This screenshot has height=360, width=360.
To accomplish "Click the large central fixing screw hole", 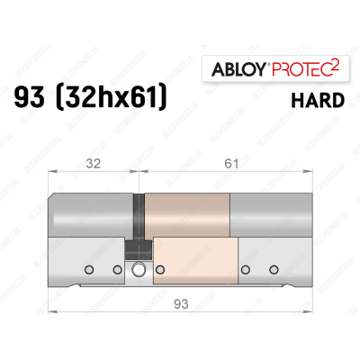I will tap(139, 269).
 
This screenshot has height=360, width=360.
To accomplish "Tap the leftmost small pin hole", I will tap(88, 269).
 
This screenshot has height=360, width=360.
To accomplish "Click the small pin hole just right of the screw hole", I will tap(159, 269).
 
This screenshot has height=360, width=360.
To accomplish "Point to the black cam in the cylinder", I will tap(138, 216).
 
